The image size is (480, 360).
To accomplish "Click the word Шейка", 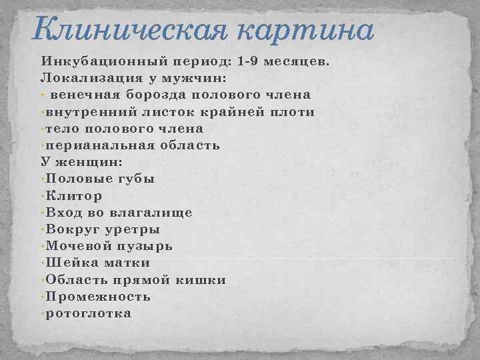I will [69, 263].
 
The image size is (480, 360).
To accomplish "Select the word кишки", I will [201, 280].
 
